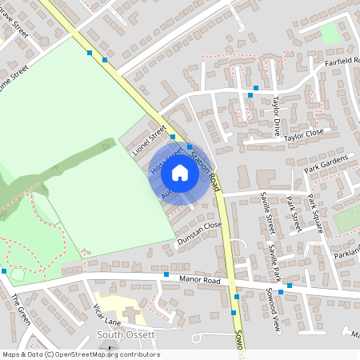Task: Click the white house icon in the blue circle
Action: pos(180,172)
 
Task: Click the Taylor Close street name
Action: pos(305,134)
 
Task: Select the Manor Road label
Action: pos(200,281)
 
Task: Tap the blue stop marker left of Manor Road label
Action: pos(166,275)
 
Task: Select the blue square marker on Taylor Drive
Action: pos(250,95)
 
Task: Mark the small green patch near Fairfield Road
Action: pos(329,33)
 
